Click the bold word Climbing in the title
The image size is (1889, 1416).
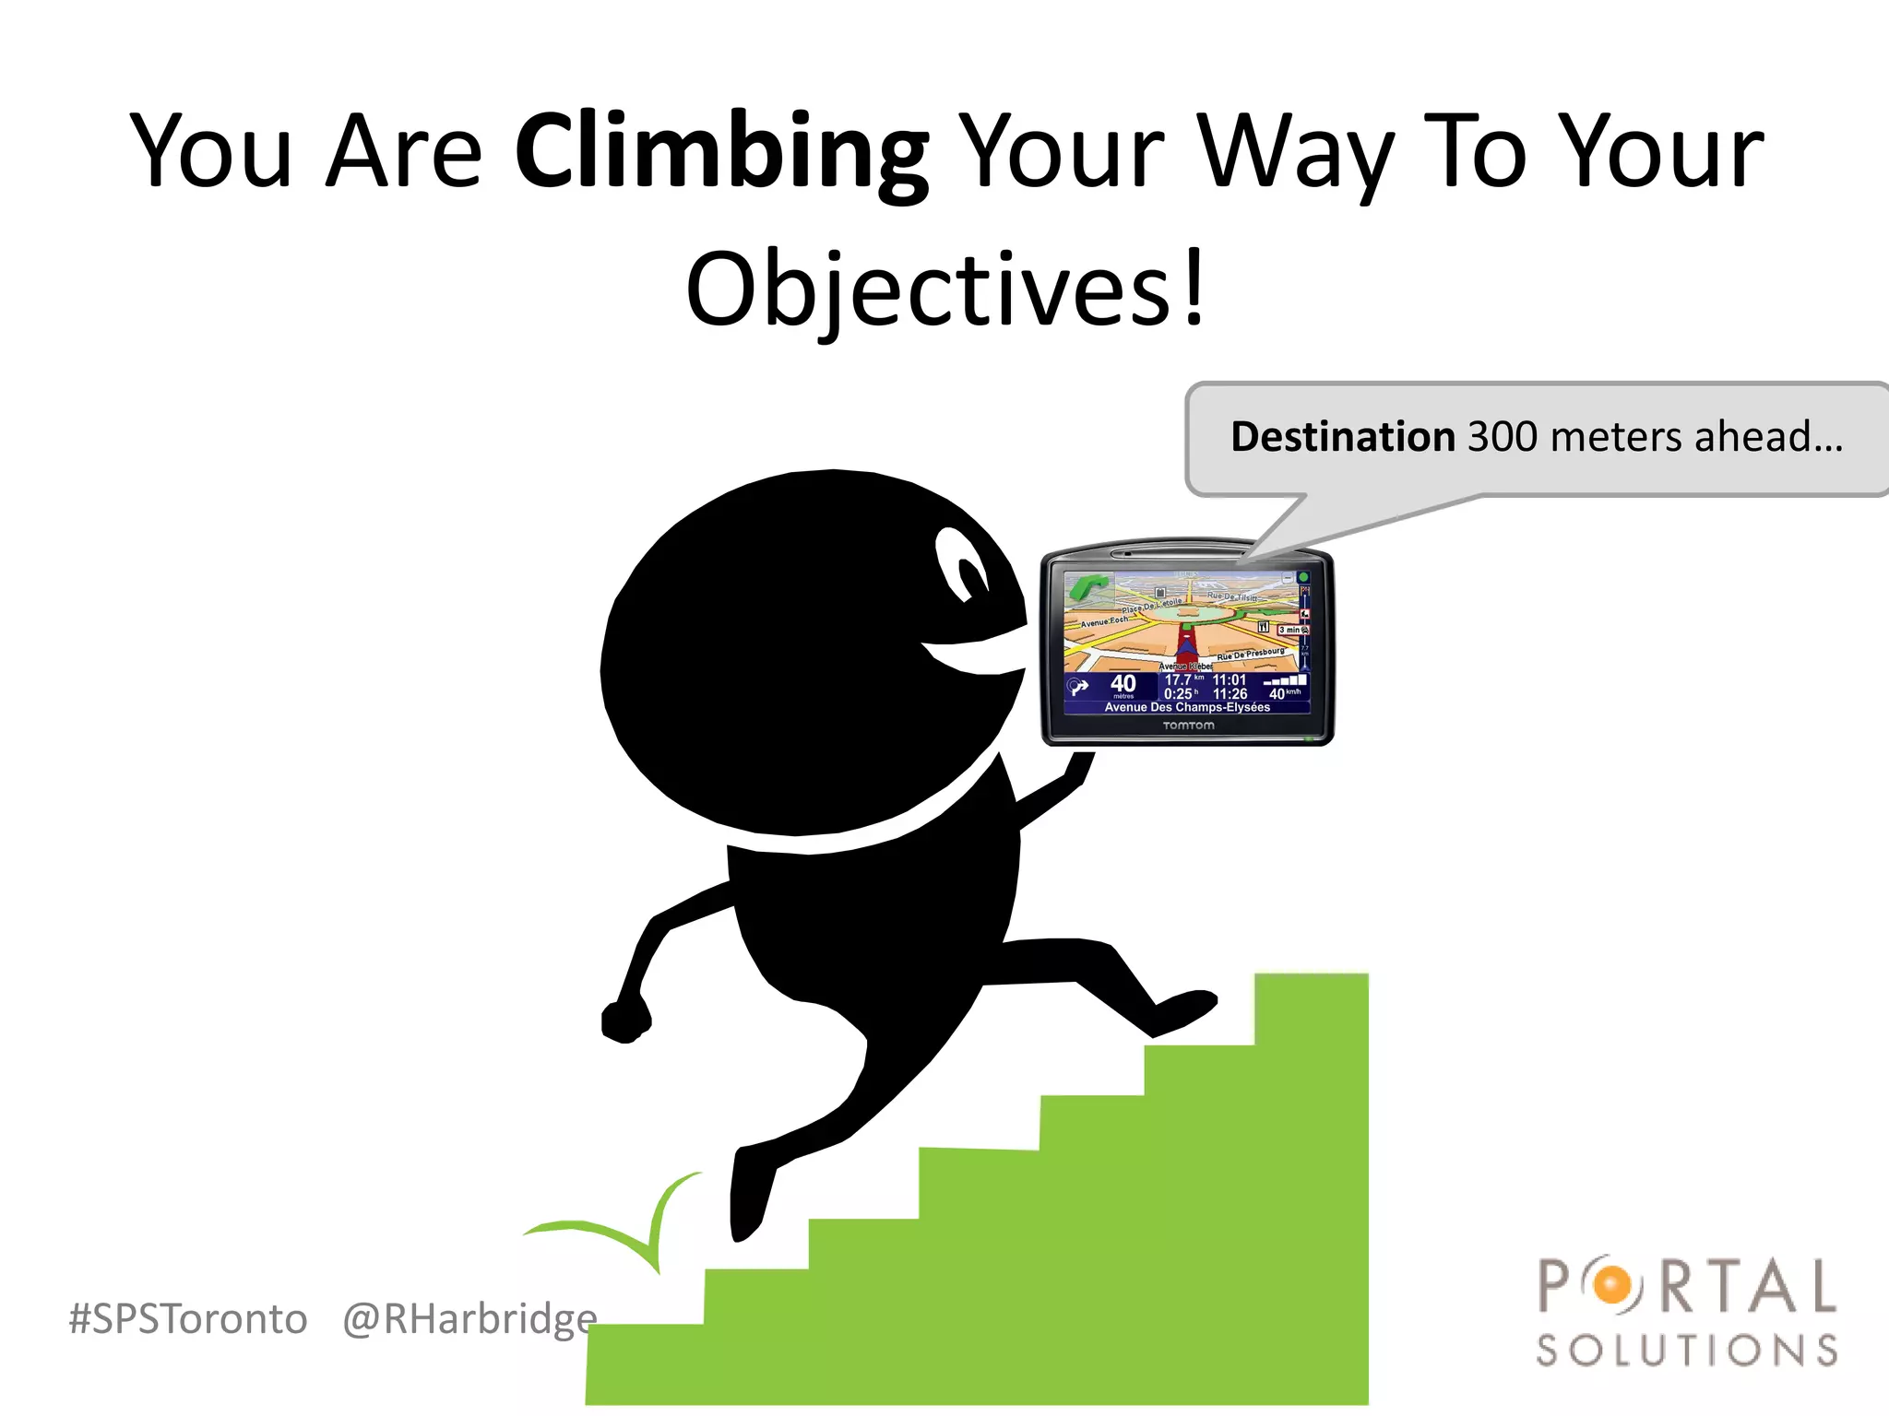(x=720, y=153)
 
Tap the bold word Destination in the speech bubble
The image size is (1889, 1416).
(x=1342, y=437)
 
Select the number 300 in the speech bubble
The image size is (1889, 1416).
(x=1502, y=437)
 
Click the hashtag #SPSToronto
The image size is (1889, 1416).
(x=188, y=1319)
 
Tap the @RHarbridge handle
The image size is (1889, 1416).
(x=469, y=1319)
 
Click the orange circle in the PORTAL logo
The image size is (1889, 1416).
(x=1612, y=1285)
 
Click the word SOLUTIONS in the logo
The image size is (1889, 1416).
(x=1687, y=1351)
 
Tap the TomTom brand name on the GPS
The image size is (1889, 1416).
(x=1188, y=726)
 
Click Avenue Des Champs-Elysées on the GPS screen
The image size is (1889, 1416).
(x=1187, y=707)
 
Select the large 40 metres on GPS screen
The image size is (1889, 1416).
(x=1123, y=684)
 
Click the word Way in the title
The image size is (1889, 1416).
(x=1296, y=153)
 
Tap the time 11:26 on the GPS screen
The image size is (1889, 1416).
(x=1230, y=694)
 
